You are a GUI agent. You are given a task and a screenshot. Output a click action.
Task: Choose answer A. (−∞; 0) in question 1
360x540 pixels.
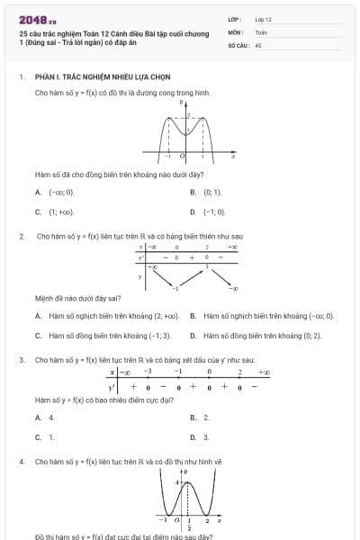click(x=56, y=193)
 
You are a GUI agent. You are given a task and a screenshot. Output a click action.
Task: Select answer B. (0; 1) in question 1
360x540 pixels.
click(x=207, y=193)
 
